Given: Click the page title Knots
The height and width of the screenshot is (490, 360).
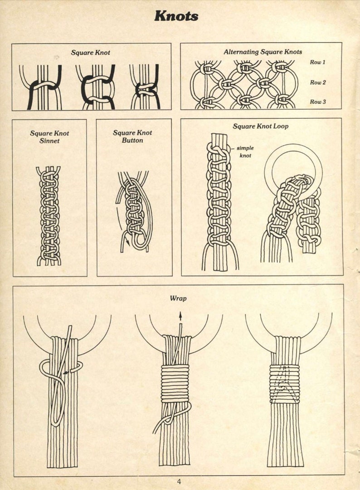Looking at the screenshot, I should pos(176,16).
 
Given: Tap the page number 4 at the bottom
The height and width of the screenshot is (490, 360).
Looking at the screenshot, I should pos(179,481).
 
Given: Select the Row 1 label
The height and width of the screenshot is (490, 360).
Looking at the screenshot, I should pos(317,62).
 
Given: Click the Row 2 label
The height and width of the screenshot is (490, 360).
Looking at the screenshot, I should pos(317,82).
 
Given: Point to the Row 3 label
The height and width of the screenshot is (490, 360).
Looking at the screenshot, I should pos(317,102).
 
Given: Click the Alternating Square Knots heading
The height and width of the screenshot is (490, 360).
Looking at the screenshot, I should pos(263,52).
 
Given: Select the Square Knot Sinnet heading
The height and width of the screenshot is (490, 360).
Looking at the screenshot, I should pos(49,137).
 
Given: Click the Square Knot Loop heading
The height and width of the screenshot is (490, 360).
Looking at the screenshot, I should pos(260,126).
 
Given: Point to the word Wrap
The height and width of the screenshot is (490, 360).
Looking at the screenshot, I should pos(178,298).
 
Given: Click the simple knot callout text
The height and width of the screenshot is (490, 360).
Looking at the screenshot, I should pos(245,152).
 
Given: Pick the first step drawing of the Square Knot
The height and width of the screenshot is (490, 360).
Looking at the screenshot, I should pos(40,87).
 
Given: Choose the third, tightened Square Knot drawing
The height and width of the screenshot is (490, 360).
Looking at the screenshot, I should pos(145,87).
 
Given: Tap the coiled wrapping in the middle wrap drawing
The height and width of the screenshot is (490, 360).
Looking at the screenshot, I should pos(175,383).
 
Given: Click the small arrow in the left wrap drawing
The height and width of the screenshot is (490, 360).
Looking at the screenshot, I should pos(67,372).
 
